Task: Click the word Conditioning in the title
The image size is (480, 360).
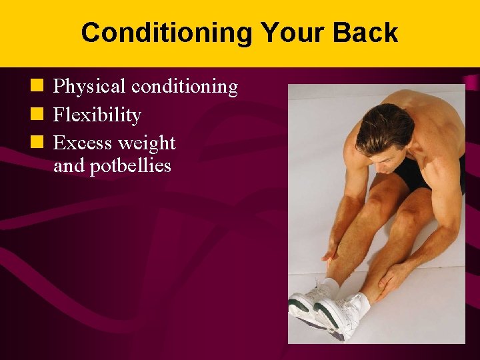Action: (167, 33)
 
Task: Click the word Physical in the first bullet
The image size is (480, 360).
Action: (89, 87)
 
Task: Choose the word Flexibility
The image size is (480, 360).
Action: (97, 115)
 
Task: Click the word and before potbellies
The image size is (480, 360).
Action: (67, 166)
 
